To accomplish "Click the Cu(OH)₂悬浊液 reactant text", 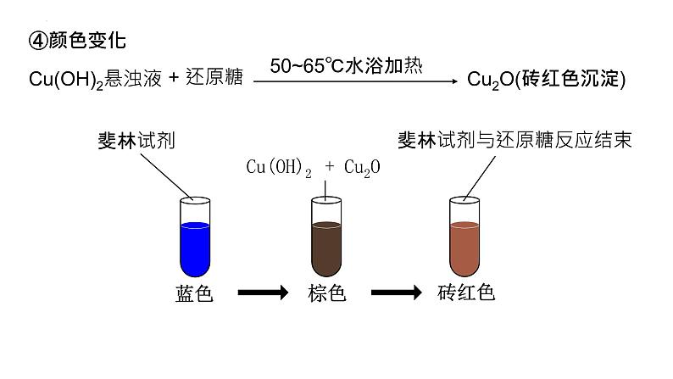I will (x=93, y=79).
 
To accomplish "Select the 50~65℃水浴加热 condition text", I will (x=346, y=65).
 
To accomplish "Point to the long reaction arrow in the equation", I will (x=356, y=81).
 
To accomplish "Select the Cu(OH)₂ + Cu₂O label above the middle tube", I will (x=313, y=168).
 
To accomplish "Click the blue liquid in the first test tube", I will (x=195, y=246).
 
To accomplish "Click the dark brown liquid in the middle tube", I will (x=326, y=246).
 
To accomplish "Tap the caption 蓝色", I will (x=193, y=293).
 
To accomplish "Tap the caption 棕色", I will (x=326, y=293).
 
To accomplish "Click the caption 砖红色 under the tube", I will (x=465, y=293).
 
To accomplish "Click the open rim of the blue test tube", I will (x=195, y=202).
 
